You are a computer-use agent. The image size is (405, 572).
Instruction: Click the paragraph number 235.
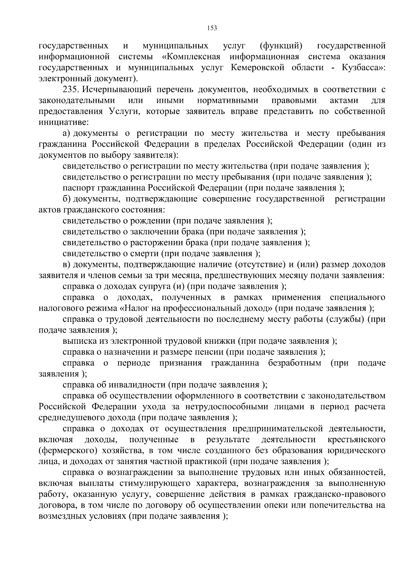(71, 90)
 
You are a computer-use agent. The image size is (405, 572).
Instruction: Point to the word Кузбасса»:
(363, 67)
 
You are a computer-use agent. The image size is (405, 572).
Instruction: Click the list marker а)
(67, 133)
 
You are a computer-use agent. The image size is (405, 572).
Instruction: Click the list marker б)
(67, 199)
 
